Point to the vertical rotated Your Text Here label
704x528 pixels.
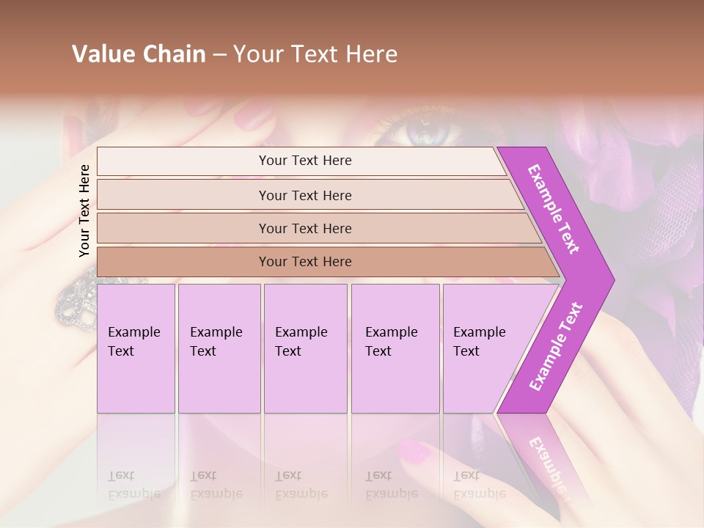(x=84, y=210)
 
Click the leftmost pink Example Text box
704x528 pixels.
(x=136, y=348)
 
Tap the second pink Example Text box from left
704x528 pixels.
(x=219, y=348)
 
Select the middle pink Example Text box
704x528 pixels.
(x=305, y=348)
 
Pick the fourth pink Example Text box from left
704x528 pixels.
(x=395, y=348)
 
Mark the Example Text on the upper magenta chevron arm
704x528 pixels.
(x=554, y=209)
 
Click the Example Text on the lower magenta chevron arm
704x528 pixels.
(x=556, y=347)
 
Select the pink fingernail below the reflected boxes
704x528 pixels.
(x=415, y=451)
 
